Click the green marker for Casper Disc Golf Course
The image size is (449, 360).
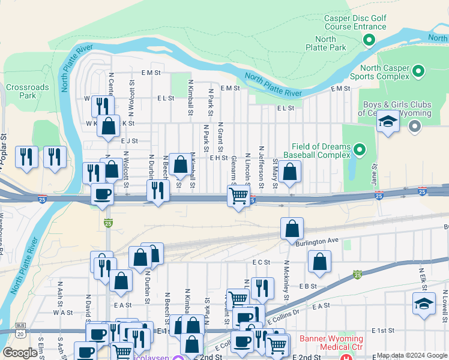point(369,40)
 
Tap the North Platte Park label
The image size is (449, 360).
point(334,43)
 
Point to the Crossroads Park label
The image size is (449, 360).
point(27,91)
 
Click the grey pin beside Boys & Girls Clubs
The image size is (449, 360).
point(414,127)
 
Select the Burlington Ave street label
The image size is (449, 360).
point(317,241)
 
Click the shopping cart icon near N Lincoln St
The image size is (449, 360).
point(239,196)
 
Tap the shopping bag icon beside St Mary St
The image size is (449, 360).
point(290,172)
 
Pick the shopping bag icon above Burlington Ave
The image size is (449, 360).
point(292,229)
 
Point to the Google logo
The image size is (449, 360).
point(20,353)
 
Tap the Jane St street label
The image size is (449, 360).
point(374,175)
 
